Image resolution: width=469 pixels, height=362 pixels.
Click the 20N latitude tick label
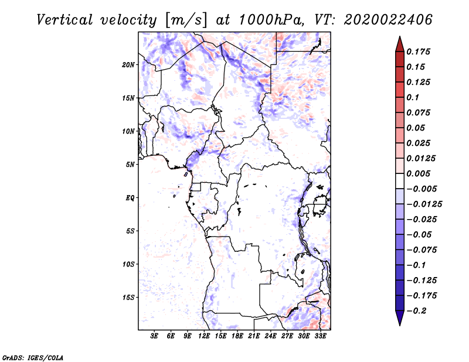(x=128, y=64)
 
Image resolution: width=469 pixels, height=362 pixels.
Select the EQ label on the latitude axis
(x=130, y=198)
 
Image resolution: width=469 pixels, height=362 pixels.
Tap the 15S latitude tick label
(x=128, y=298)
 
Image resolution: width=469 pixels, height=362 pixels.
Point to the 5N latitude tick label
(x=130, y=165)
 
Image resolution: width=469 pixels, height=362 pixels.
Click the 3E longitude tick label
(x=154, y=336)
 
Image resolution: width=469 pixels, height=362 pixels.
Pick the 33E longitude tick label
(x=320, y=336)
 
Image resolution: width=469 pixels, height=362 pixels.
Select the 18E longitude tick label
(x=237, y=336)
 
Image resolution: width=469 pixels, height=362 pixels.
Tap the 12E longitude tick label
(x=203, y=336)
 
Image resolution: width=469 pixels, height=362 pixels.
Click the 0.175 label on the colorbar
(x=418, y=52)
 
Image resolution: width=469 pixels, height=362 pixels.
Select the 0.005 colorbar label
(x=418, y=173)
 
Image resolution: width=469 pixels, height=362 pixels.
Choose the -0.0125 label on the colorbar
(x=424, y=204)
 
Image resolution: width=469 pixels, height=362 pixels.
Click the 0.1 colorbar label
(x=413, y=97)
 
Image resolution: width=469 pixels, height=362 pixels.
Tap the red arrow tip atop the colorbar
(x=400, y=36)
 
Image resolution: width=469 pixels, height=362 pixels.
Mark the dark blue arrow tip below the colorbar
(x=400, y=325)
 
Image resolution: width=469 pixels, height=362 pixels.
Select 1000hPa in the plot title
(x=270, y=20)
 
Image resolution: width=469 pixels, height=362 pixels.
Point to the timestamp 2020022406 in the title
(x=388, y=20)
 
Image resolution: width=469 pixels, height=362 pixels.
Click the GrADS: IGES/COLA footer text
(x=33, y=357)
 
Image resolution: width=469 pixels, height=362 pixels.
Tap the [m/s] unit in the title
(x=185, y=21)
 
